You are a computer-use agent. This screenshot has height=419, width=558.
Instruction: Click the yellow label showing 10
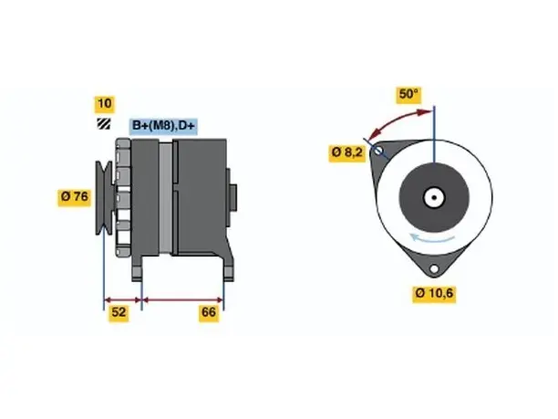coord(104,104)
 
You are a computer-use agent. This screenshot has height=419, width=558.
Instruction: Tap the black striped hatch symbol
coord(104,123)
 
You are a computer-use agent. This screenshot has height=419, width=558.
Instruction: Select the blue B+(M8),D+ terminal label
coord(163,126)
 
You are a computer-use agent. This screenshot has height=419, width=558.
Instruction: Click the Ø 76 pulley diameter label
coord(75,197)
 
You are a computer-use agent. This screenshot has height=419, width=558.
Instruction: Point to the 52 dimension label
coord(119,312)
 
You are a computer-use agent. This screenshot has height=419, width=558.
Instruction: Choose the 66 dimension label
coord(209,312)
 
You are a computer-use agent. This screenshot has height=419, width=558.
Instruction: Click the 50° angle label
coord(408,94)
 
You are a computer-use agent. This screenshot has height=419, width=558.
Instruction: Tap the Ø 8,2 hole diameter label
coord(347,152)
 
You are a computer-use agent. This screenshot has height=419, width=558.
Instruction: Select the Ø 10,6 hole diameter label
coord(434,294)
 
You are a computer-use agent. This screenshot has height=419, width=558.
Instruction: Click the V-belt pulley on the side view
coord(104,198)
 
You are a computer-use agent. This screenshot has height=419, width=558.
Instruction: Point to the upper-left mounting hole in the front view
coord(378,151)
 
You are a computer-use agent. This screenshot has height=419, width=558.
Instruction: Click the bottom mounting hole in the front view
coord(434,269)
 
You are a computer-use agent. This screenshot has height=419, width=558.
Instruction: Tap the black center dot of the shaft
coord(434,198)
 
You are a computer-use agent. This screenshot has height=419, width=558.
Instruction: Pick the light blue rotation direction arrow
coord(431,239)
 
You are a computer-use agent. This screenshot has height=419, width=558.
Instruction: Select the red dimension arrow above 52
coord(123,300)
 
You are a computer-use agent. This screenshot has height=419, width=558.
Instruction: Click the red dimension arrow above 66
coord(183,300)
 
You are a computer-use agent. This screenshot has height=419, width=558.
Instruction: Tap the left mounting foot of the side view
coord(137,268)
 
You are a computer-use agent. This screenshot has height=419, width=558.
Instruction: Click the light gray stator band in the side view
coord(165,198)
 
